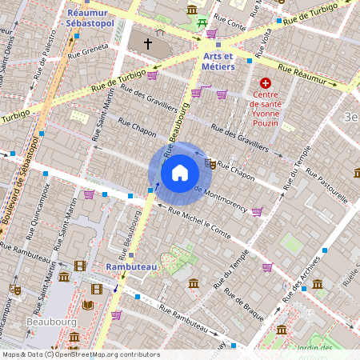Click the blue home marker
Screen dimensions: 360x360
180,172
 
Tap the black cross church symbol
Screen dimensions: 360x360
147,42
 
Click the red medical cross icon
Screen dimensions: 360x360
265,83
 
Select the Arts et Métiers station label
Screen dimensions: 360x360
218,61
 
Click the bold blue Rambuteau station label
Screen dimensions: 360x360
131,266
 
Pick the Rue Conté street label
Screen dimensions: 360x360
232,24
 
